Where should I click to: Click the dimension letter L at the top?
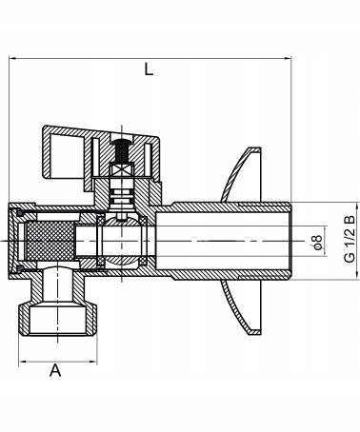pyautogui.click(x=149, y=69)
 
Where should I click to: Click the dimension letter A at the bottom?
pyautogui.click(x=55, y=370)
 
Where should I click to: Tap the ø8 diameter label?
pyautogui.click(x=317, y=242)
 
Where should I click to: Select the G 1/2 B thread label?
pyautogui.click(x=350, y=239)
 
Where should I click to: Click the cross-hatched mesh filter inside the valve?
pyautogui.click(x=50, y=241)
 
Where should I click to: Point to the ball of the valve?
pyautogui.click(x=122, y=241)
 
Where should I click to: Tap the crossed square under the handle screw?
pyautogui.click(x=122, y=169)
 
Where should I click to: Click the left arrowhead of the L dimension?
pyautogui.click(x=12, y=58)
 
